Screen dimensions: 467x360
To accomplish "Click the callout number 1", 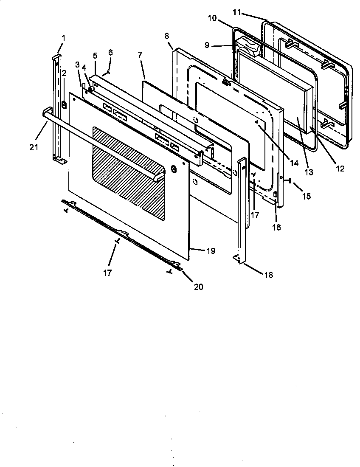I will tap(63, 38).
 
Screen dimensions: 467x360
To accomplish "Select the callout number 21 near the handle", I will tap(34, 147).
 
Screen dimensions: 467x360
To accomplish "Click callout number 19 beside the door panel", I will tap(211, 251).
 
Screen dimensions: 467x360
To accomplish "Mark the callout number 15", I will tap(306, 196).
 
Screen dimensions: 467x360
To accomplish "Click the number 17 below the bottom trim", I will tap(107, 273).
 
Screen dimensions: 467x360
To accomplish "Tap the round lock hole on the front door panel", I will tap(173, 169).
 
